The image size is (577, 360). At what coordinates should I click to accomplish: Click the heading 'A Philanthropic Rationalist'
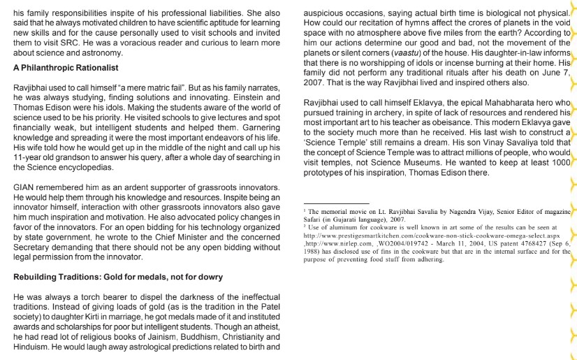66,68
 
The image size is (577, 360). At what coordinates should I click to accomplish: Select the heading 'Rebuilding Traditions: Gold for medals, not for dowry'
117,278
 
